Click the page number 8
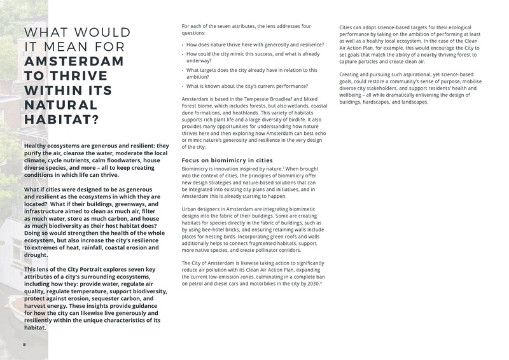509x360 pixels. pyautogui.click(x=24, y=344)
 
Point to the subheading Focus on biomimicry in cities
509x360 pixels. pyautogui.click(x=227, y=160)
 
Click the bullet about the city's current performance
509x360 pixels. pyautogui.click(x=248, y=86)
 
